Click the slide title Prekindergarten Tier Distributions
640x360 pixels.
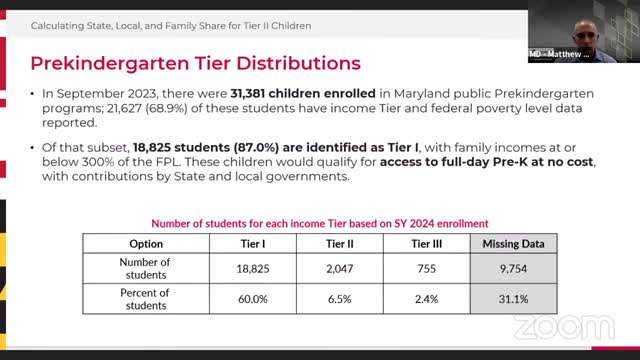tap(195, 63)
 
